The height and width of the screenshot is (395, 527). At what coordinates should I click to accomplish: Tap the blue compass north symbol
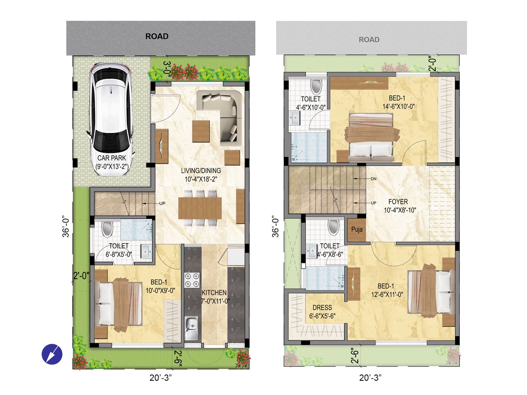(52, 354)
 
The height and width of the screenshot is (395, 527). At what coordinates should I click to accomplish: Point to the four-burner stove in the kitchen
(192, 280)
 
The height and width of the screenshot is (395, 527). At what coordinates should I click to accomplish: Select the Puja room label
(357, 229)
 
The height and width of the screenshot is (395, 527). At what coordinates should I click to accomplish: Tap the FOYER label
(398, 202)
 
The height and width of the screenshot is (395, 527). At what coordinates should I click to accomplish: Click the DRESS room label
(322, 308)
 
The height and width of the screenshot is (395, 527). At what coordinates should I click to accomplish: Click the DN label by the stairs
(374, 179)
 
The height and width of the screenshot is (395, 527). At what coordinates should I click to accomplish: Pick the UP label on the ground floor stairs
(162, 204)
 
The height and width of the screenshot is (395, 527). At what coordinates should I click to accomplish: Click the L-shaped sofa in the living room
(223, 115)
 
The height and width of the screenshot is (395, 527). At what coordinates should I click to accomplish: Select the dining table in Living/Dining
(200, 208)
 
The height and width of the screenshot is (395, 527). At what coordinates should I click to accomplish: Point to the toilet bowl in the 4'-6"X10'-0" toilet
(316, 87)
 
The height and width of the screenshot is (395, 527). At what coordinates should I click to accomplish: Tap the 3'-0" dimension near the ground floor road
(167, 68)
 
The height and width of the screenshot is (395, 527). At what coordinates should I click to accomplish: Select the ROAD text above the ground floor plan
(157, 36)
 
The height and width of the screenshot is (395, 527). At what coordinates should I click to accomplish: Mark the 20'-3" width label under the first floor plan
(370, 378)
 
